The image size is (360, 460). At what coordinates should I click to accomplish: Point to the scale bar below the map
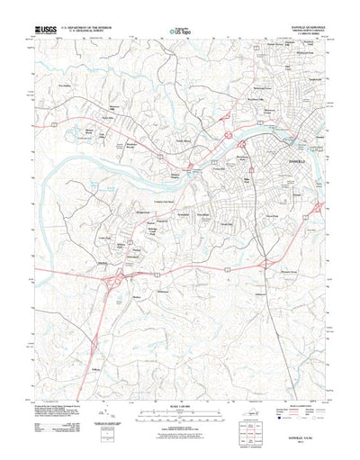tap(180, 407)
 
